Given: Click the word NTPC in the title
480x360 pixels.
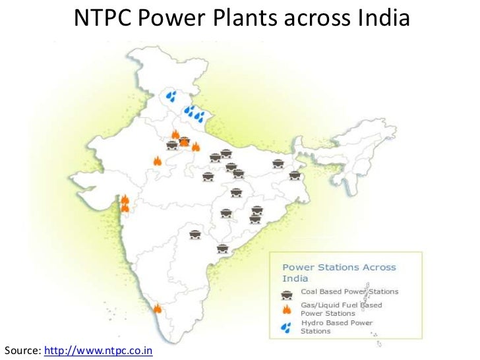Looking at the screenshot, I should coord(102,19).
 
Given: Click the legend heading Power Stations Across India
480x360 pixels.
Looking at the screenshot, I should coord(339,272).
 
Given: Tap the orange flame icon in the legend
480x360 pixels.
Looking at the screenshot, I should coord(287,309).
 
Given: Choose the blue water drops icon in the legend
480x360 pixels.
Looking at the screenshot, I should coord(286,326).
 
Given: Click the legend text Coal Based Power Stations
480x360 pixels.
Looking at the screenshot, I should coord(349,291).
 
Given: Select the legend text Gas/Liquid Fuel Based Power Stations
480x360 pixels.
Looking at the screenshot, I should coord(341,309).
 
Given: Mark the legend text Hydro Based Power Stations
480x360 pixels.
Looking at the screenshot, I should coord(336,326).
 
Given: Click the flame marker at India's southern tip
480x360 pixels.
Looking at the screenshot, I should coord(157,308).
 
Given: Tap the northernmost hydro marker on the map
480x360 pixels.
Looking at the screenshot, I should coord(171,96).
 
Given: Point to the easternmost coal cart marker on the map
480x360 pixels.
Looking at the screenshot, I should coord(295,175).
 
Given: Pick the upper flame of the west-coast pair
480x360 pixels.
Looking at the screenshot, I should coord(125,199).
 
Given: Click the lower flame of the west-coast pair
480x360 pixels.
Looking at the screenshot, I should coord(125,208).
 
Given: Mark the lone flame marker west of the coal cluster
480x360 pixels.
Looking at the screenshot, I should coord(157,160).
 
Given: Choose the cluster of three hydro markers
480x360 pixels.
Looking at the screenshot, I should coord(195,114).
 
